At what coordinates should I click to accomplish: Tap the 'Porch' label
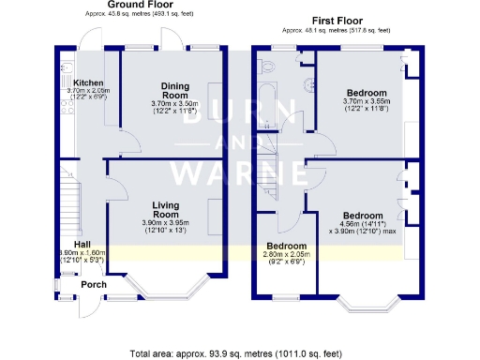coord(92,285)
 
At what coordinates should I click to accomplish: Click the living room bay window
coord(169,285)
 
